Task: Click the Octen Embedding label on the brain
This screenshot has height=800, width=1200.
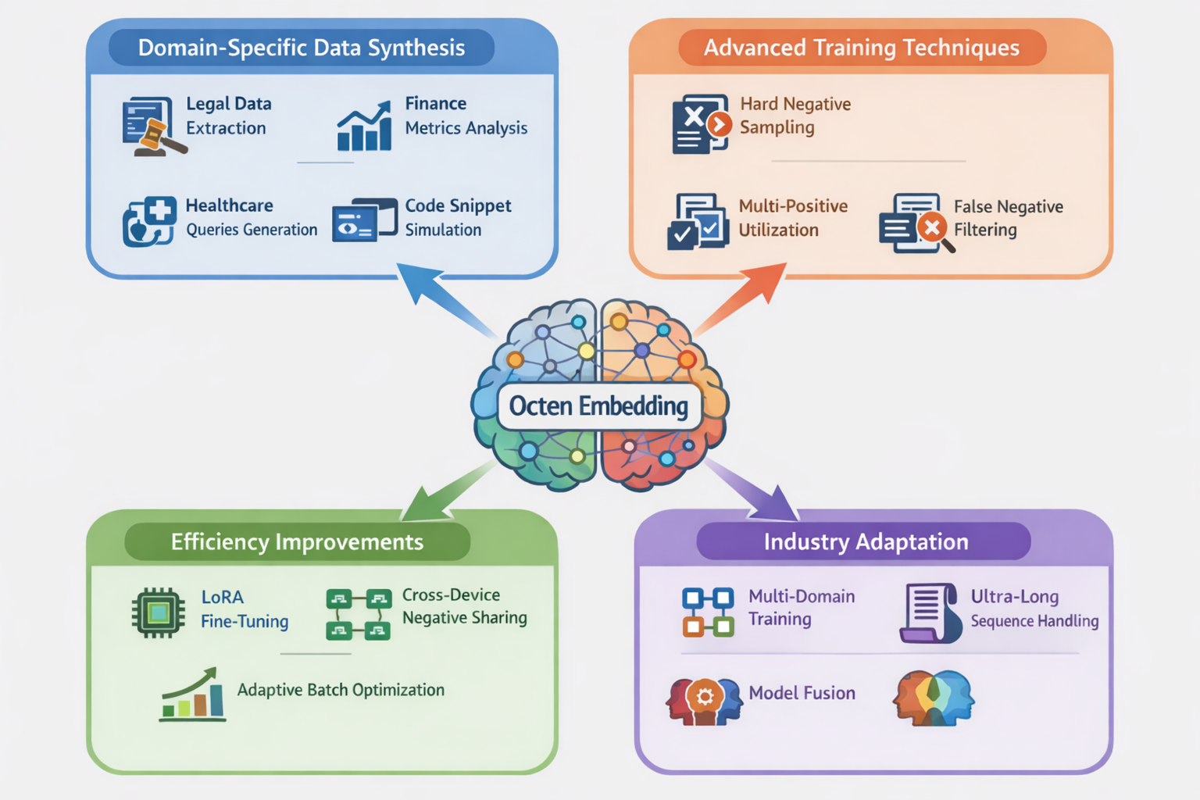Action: (598, 406)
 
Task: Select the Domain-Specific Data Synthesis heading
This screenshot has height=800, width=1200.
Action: (302, 48)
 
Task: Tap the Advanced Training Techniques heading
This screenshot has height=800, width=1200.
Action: (861, 48)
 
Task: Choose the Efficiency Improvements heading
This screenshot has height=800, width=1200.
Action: (297, 541)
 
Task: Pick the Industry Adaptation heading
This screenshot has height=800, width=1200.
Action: (866, 541)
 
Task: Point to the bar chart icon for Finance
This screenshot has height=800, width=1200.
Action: (364, 127)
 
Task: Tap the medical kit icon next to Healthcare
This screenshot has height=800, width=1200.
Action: (149, 221)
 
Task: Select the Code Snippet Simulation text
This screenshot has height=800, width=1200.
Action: (457, 217)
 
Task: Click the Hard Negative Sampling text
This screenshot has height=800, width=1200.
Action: (795, 115)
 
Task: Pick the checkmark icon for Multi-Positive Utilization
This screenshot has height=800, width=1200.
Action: (698, 222)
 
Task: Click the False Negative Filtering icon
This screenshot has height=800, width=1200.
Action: (915, 223)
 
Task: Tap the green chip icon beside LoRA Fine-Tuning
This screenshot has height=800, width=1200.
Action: (159, 612)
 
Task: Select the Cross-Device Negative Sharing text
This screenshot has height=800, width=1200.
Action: (464, 606)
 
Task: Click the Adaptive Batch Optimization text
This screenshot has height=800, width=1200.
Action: (341, 690)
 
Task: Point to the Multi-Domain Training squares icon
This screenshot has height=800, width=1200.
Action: (708, 612)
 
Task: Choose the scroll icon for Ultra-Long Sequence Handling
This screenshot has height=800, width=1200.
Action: (930, 612)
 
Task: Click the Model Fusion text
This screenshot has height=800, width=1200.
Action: (802, 693)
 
